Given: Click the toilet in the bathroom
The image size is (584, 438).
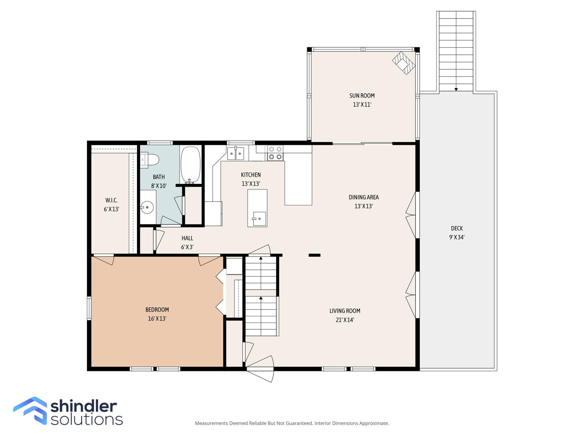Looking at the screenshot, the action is coord(150,160).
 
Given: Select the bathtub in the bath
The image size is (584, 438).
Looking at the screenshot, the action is coord(191,165).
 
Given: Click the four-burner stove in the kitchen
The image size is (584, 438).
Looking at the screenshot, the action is coord(275,153).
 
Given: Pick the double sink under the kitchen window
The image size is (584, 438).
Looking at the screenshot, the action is coord(236,153).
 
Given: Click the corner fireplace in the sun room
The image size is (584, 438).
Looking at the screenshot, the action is coord(404,63).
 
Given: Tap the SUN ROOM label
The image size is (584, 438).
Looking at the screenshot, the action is coord(362,96).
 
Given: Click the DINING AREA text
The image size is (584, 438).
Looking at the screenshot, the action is coord(364,197).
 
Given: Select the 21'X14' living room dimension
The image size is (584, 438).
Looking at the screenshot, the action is coord(345,320).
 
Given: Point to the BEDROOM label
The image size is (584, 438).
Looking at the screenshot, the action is coord(157,310).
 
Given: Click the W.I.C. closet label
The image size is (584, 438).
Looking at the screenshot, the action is coord(111,200).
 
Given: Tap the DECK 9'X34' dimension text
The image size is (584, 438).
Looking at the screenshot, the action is coord(457,237).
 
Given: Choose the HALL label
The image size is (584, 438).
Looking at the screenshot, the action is coord(187,238).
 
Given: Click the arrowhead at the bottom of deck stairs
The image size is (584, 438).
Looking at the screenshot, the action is coord(456,89).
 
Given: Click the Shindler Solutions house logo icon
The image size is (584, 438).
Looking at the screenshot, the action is coord(30,411).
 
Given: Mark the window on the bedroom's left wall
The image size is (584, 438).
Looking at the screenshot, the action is coord(89,308).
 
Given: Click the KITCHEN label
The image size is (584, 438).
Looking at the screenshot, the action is coord(251,175).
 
